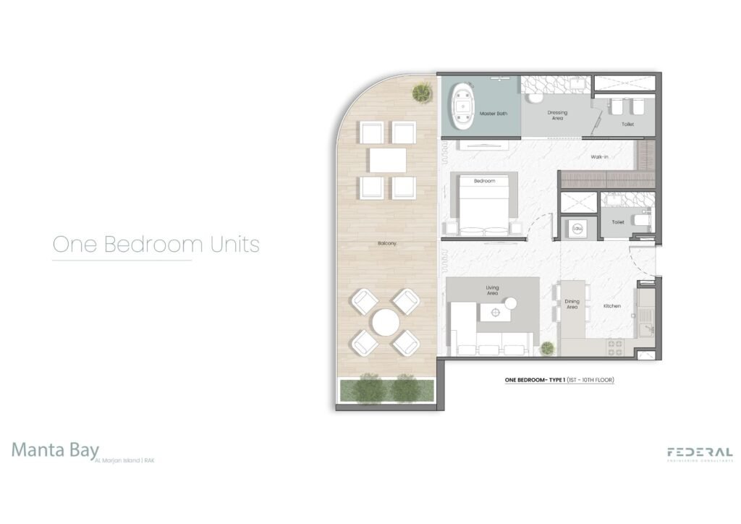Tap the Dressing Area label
coord(557,115)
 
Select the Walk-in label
coord(598,156)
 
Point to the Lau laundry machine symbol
coord(577,228)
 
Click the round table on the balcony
coord(386,321)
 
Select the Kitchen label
coord(612,306)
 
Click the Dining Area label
coord(572,304)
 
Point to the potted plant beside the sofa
coord(548,348)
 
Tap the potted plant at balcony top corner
coord(422,92)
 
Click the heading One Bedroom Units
coord(156,244)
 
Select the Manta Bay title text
coord(55,449)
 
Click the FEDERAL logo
coord(700,452)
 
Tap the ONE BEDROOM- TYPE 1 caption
coord(559,379)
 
